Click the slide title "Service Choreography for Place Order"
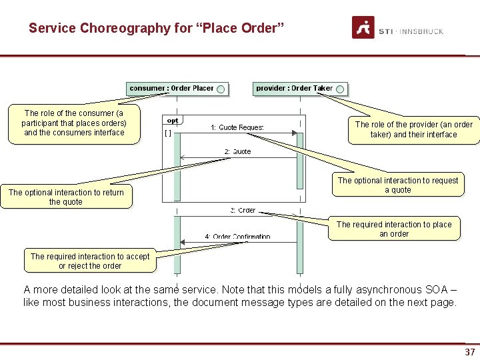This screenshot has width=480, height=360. (157, 29)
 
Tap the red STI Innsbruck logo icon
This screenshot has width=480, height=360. (363, 27)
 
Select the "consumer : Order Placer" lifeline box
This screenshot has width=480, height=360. (177, 88)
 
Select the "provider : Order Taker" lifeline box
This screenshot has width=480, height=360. (302, 88)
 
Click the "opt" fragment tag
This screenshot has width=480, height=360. (173, 121)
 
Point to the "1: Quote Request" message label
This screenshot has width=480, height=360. (237, 127)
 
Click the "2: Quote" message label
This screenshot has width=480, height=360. (238, 151)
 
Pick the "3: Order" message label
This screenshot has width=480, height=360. (243, 210)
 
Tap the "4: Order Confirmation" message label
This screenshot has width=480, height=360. (237, 236)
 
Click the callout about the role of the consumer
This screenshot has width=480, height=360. (74, 123)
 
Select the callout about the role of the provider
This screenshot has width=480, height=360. (413, 129)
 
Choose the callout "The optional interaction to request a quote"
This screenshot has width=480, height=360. (398, 185)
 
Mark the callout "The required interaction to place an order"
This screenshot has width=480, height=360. (394, 229)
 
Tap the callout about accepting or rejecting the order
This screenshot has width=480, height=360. (90, 261)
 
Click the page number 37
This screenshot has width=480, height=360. (469, 352)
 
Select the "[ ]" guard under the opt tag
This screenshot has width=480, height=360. (168, 133)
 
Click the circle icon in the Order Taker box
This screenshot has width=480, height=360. (340, 89)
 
